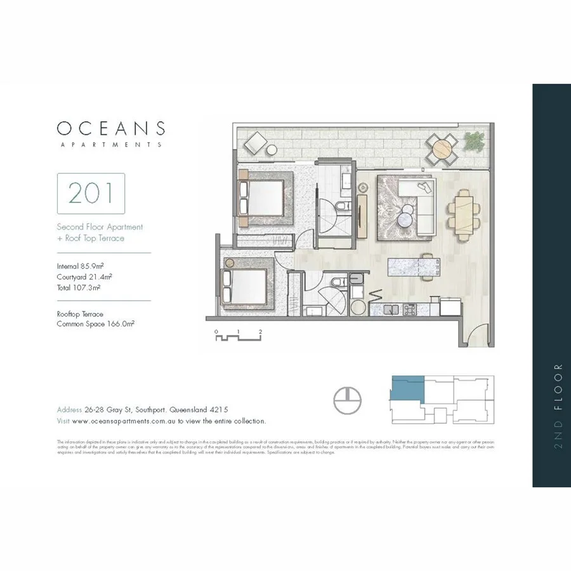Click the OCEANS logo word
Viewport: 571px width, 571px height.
tap(111, 128)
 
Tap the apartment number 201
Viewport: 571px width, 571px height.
tap(91, 193)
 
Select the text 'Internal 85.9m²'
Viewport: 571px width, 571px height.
tap(79, 266)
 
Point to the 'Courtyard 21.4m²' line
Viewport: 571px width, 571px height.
tap(81, 277)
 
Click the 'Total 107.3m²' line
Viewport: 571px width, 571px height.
tap(79, 287)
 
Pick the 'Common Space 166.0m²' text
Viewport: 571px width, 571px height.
tap(95, 324)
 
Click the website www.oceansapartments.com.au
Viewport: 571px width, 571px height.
tap(124, 421)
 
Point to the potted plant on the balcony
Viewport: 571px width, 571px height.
tap(474, 140)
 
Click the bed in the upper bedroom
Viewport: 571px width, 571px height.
tap(263, 197)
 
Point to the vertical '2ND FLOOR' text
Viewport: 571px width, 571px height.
tap(558, 406)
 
